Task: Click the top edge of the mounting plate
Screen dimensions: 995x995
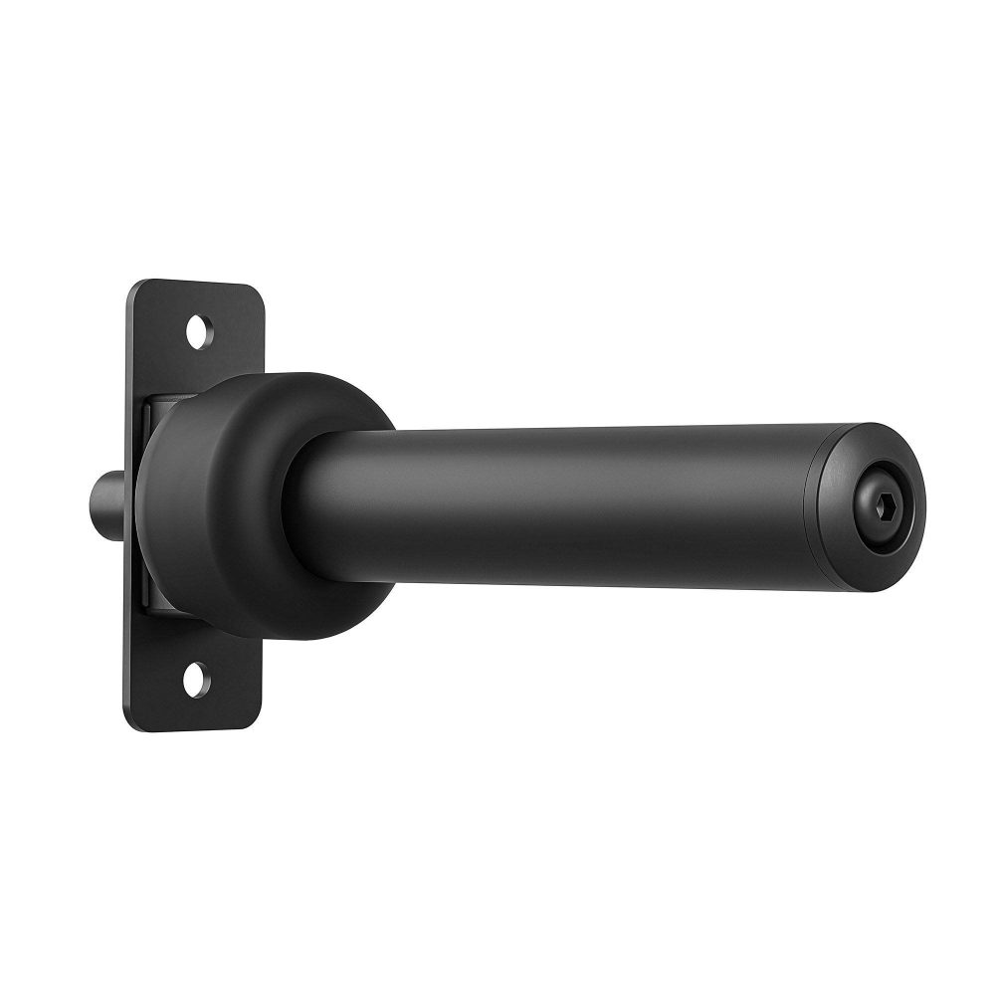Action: click(x=199, y=283)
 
